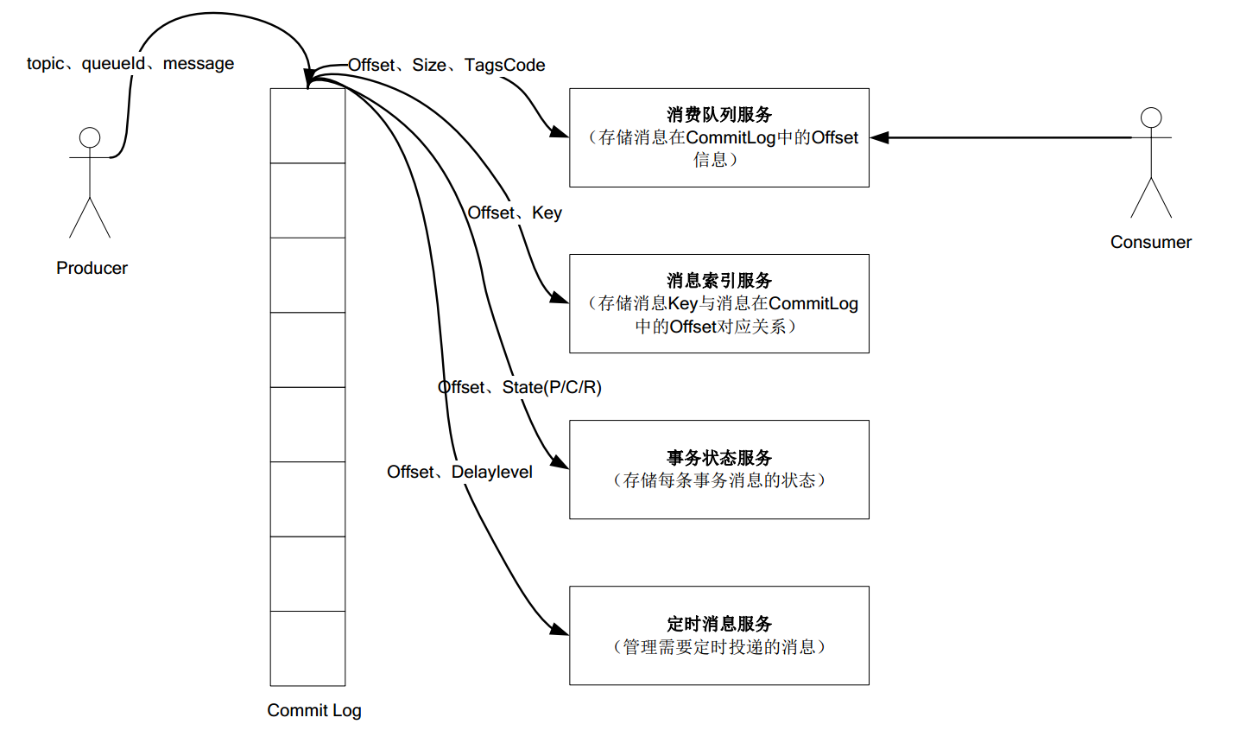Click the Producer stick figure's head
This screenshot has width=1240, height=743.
(x=90, y=137)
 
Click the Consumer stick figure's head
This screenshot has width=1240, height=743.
(x=1151, y=117)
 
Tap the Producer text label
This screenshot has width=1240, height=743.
(x=92, y=268)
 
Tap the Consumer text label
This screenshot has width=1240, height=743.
(x=1150, y=242)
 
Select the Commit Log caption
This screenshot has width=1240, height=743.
(x=314, y=710)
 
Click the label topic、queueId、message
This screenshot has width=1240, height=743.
(x=130, y=63)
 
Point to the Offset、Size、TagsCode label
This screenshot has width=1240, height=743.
(x=446, y=65)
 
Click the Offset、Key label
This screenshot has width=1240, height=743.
(x=515, y=213)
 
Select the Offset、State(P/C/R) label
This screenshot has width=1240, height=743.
(x=520, y=387)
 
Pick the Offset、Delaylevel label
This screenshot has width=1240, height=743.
(x=459, y=472)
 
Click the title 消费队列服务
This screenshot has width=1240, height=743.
(x=719, y=114)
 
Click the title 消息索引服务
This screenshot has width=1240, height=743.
(x=719, y=280)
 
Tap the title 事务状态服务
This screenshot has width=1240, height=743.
(x=719, y=457)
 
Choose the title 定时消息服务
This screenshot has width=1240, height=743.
(x=719, y=623)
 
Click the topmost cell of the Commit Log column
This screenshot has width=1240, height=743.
(x=307, y=126)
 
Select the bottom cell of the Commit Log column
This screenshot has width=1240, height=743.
(x=307, y=648)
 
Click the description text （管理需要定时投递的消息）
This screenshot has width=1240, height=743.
(x=719, y=646)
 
